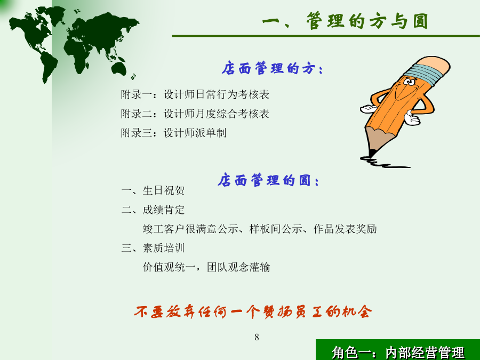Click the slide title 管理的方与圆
[x=345, y=21]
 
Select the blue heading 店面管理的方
[x=272, y=68]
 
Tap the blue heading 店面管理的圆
[x=268, y=180]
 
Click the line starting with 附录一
[x=195, y=94]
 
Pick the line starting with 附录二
[x=195, y=114]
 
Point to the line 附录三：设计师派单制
[x=173, y=133]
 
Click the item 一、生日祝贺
[x=153, y=190]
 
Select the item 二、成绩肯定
[x=153, y=210]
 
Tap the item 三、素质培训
[x=153, y=248]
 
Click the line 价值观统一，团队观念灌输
[x=206, y=267]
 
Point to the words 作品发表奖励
[x=345, y=229]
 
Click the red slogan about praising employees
[x=253, y=312]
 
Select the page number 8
[x=257, y=338]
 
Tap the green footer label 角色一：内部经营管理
[x=398, y=353]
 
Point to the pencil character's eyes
[x=409, y=82]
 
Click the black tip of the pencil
[x=372, y=153]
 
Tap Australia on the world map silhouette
[x=119, y=68]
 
